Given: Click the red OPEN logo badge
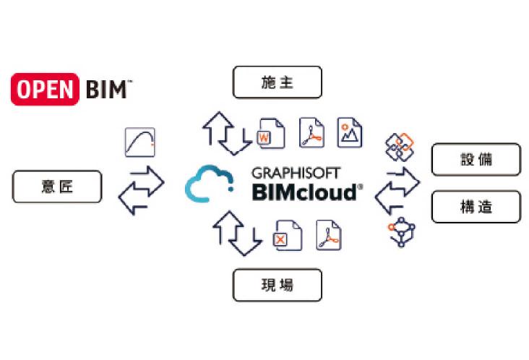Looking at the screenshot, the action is tap(45, 89).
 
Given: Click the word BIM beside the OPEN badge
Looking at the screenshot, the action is tap(107, 90).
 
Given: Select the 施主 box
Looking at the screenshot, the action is tap(278, 82).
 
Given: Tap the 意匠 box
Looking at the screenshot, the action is tap(57, 187).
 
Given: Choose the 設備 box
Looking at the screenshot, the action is tap(476, 159).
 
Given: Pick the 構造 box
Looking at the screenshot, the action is tap(476, 207).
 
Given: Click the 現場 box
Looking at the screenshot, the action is tap(278, 285).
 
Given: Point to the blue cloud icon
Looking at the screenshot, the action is tap(210, 183).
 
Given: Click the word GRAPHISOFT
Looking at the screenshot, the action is tap(296, 173).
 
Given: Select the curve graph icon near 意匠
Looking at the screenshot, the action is tap(140, 142).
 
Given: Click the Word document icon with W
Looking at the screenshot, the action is tap(270, 133).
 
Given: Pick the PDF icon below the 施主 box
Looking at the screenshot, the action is tap(311, 132).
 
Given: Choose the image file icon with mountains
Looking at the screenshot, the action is tap(350, 132).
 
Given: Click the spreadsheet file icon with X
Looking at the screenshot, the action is tap(287, 236).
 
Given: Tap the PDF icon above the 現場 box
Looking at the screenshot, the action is tap(329, 235).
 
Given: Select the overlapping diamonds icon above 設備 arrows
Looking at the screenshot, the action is tap(400, 147).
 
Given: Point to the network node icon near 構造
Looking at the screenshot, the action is tap(401, 232).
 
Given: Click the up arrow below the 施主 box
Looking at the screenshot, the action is tap(218, 128).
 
